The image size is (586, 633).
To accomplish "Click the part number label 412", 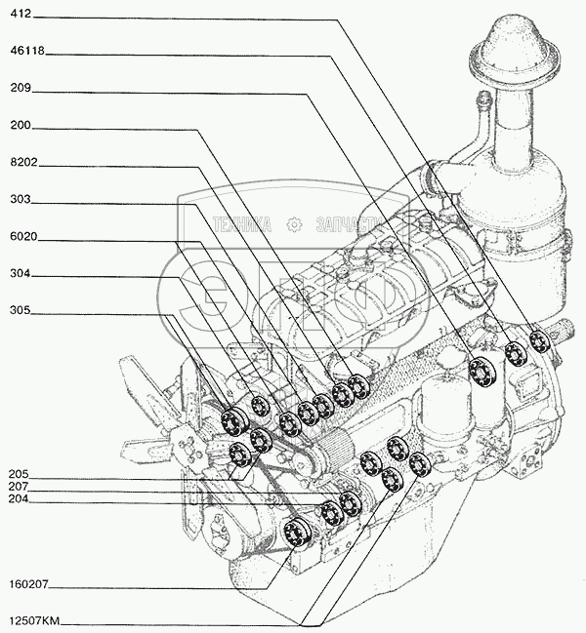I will [23, 15].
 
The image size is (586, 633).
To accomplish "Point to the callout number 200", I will [23, 125].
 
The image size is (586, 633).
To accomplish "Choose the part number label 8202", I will [25, 162].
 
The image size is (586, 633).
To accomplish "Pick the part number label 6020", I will [25, 237].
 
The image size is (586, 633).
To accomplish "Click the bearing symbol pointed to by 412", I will [538, 342].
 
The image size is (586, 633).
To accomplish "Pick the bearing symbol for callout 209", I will [480, 372].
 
